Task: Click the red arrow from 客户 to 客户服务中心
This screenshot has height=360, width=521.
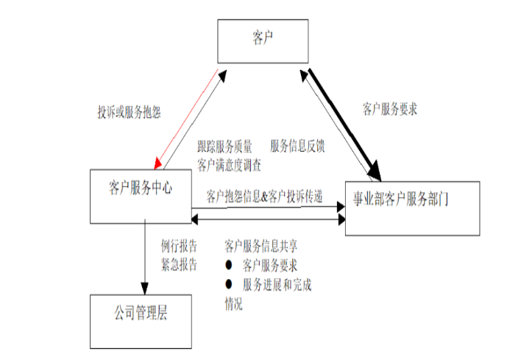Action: tap(187, 119)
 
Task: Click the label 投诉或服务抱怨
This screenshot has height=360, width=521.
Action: tap(130, 112)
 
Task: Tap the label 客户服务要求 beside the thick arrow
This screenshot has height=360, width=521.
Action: tap(394, 108)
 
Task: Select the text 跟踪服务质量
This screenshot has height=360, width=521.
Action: tap(225, 146)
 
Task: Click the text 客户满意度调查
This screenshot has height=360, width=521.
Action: tap(230, 163)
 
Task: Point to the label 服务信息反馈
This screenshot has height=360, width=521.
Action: tap(297, 146)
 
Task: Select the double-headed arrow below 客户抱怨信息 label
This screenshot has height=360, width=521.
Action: tap(268, 219)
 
